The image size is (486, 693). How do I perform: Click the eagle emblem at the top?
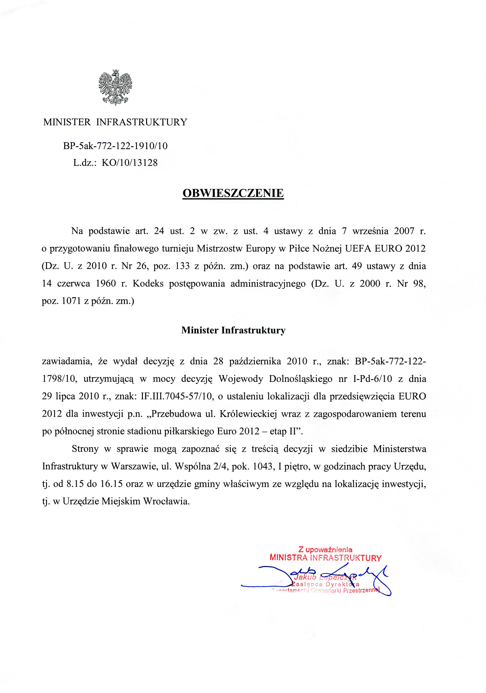pyautogui.click(x=115, y=88)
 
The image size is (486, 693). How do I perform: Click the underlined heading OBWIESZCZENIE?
pyautogui.click(x=233, y=193)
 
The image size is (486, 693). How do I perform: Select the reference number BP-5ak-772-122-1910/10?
pyautogui.click(x=115, y=146)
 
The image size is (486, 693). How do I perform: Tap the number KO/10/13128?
pyautogui.click(x=129, y=163)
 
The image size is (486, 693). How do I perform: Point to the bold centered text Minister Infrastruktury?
pyautogui.click(x=233, y=331)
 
